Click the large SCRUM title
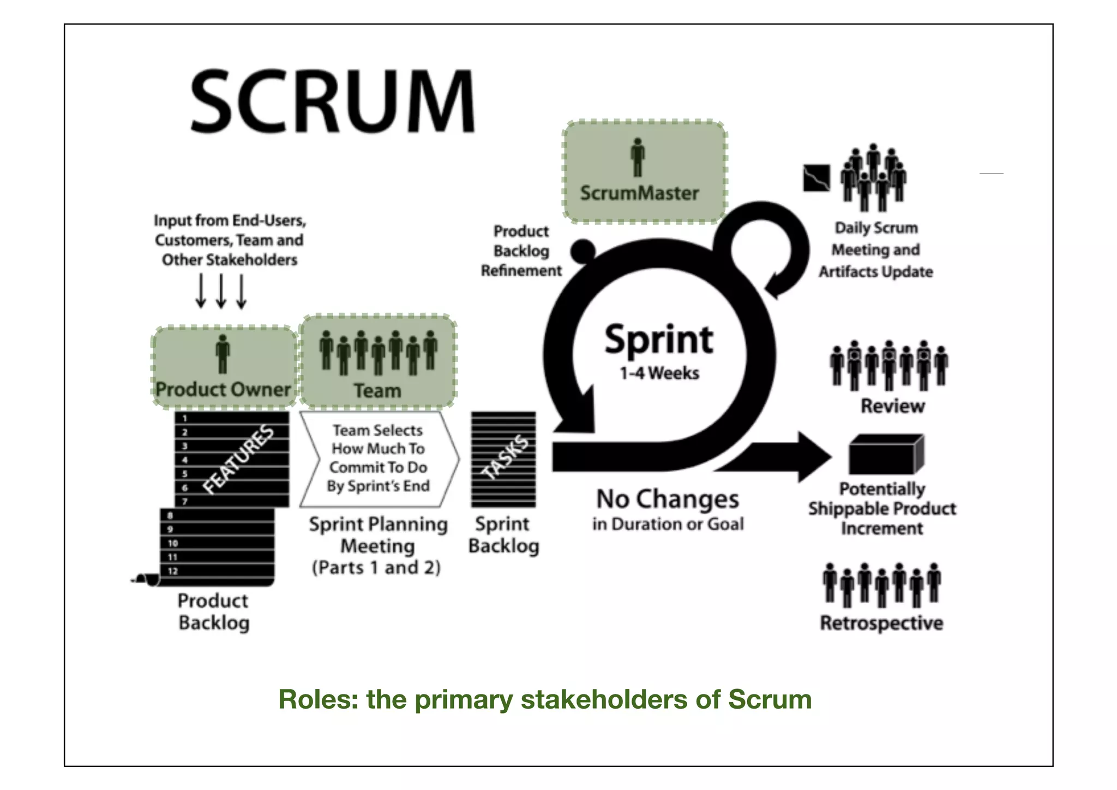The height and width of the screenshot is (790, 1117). tap(333, 102)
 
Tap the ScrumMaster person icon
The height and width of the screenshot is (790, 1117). tap(637, 157)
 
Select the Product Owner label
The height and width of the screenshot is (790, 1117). tap(223, 389)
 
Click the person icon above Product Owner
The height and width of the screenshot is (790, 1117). tap(223, 354)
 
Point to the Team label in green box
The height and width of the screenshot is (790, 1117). tap(377, 390)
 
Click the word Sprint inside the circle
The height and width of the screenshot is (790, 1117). tap(659, 340)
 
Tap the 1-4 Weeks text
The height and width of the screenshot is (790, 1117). tap(659, 373)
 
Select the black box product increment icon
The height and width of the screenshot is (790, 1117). tap(885, 454)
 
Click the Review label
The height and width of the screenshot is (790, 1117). tap(892, 406)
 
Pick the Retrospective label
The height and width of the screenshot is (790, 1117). tap(881, 623)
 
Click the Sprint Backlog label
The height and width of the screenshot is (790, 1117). tap(503, 535)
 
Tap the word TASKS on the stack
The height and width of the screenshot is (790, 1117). tap(507, 458)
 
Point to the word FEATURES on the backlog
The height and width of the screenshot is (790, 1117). tap(238, 459)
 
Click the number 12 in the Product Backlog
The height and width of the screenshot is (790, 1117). tap(173, 571)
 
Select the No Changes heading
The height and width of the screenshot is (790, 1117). tap(668, 499)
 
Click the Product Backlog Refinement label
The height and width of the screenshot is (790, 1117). tap(521, 251)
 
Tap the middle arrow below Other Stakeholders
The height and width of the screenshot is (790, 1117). tap(221, 290)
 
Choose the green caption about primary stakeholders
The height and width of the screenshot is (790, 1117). tap(545, 699)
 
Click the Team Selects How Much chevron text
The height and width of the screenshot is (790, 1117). tap(378, 458)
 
